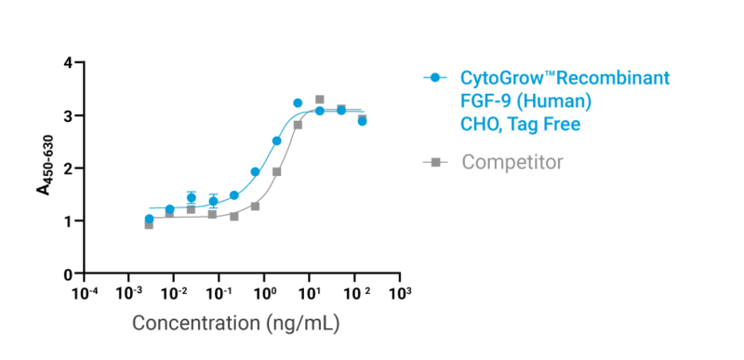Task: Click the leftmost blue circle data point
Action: coord(149,218)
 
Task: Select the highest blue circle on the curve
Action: coord(298,102)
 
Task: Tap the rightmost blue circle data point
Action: coord(362,120)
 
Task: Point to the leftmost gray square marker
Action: coord(149,224)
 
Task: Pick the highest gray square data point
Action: coord(319,99)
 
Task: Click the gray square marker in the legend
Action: coord(434,163)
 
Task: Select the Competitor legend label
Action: coord(512,163)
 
